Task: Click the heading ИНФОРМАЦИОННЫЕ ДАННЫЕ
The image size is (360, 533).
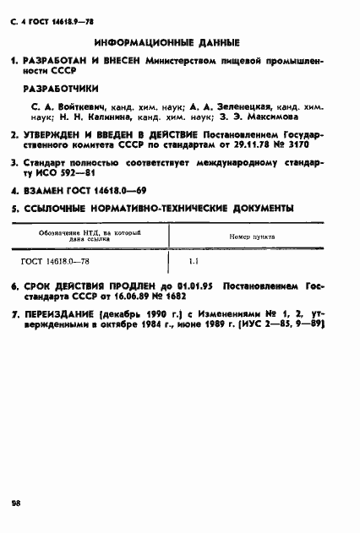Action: (x=167, y=41)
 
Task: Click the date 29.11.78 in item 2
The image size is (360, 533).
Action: (x=265, y=145)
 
